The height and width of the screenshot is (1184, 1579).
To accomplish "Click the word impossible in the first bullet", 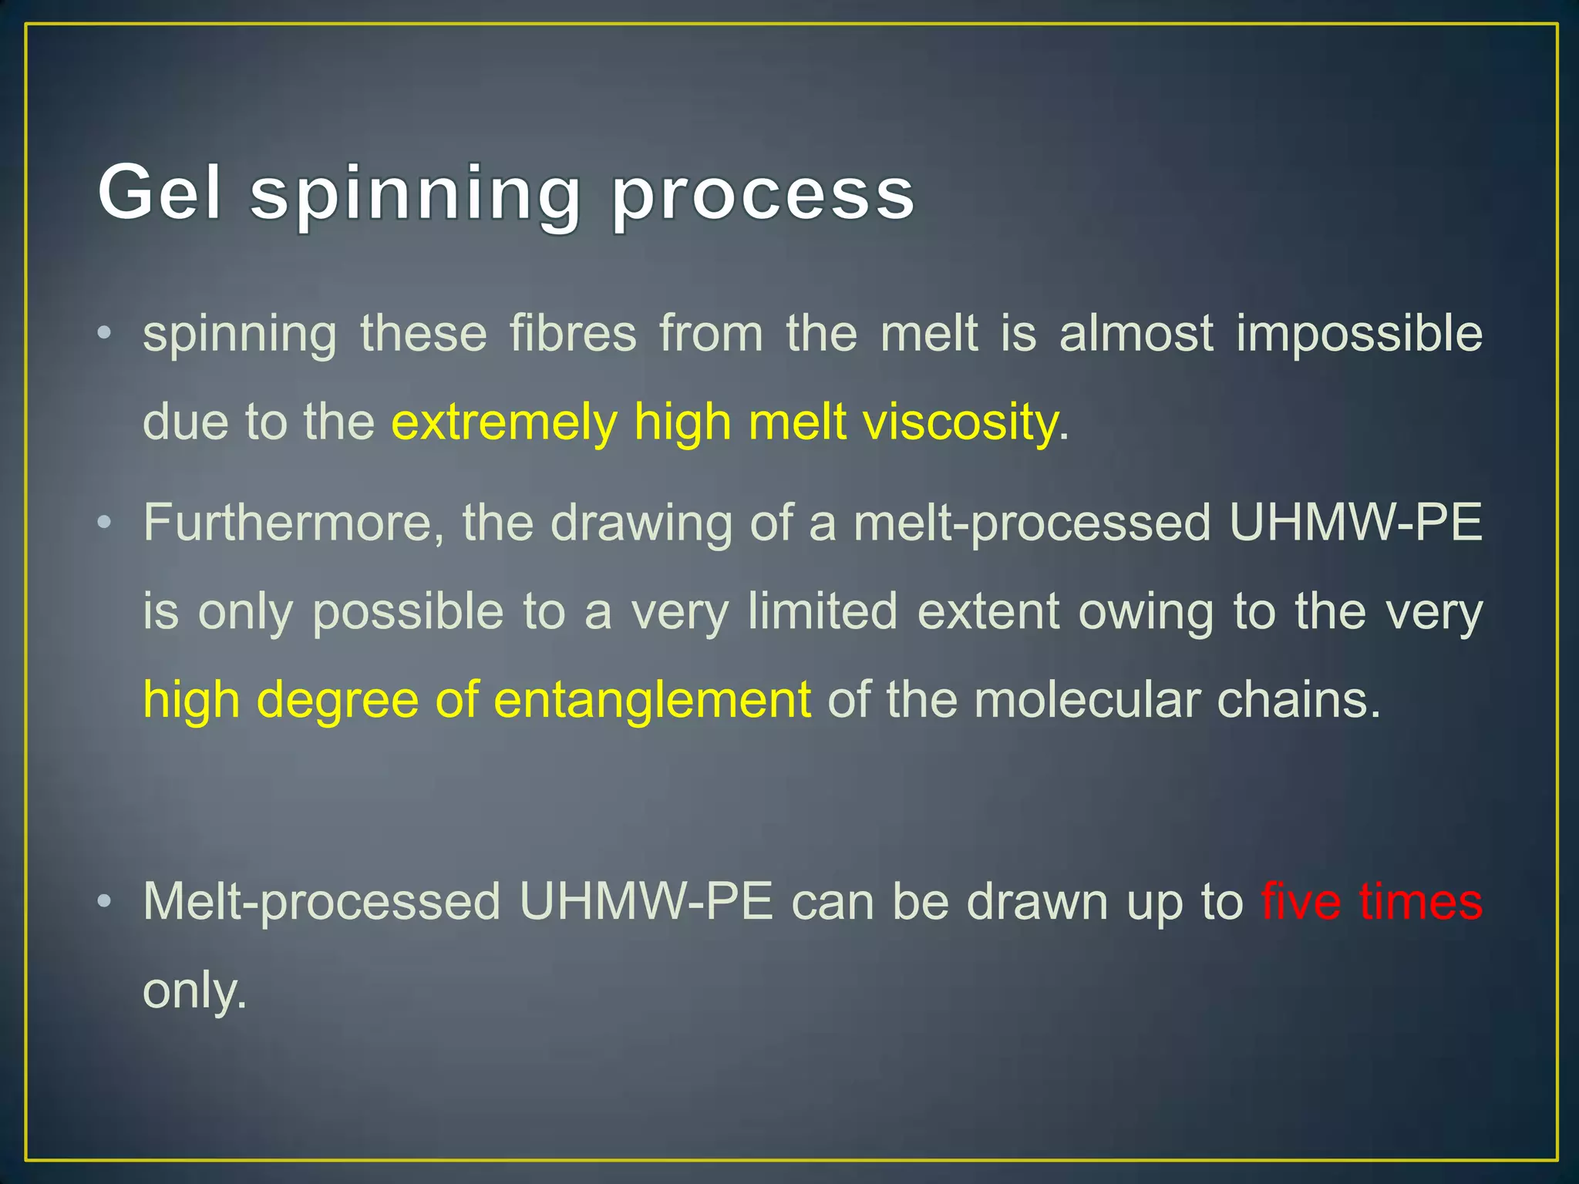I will [x=1359, y=335].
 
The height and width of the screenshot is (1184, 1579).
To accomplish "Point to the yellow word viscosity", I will [x=960, y=422].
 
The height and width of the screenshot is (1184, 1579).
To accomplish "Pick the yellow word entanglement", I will [x=651, y=700].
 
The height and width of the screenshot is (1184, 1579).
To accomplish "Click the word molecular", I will [x=1086, y=700].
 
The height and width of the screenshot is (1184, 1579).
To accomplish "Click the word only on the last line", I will [x=194, y=991].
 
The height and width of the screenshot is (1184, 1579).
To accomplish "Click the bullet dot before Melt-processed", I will [x=105, y=900].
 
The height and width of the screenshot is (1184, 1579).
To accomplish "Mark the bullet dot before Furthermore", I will [x=105, y=523].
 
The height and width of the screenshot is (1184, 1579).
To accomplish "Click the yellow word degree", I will [x=337, y=700].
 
